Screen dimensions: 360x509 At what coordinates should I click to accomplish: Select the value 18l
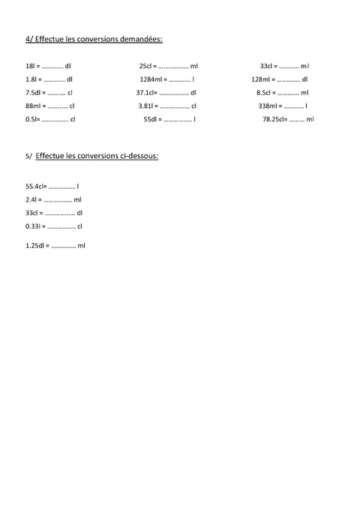30,66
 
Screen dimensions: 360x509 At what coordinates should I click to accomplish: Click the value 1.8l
31,79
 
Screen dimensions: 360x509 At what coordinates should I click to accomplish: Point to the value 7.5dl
34,92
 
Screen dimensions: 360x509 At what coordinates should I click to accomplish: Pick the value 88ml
33,106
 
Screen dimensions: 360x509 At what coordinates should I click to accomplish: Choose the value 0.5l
31,119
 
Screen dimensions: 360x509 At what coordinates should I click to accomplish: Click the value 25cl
145,66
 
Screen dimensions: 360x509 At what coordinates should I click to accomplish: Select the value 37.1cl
145,92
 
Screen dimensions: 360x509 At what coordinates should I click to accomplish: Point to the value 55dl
150,119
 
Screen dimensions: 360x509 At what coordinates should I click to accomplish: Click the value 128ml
261,79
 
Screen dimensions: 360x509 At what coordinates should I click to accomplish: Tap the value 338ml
268,106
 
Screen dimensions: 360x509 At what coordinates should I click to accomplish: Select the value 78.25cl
274,119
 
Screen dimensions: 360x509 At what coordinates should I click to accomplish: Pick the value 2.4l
31,199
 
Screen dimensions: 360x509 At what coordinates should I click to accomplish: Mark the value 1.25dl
34,245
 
